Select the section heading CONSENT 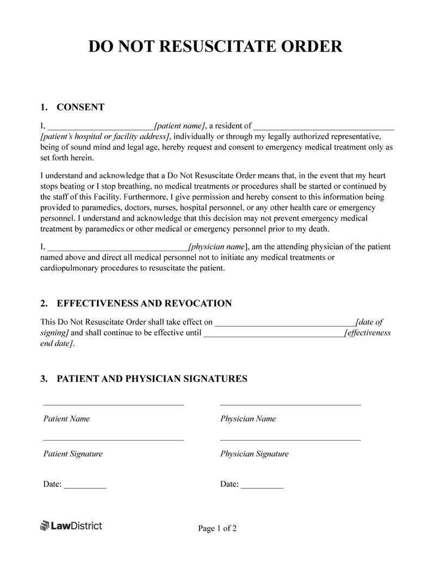point(80,107)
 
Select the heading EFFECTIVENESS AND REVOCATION point(144,303)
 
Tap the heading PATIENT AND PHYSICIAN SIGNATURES point(152,379)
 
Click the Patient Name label point(66,419)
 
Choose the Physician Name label point(248,419)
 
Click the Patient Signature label point(73,454)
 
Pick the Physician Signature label point(254,454)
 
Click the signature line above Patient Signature point(113,440)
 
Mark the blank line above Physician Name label point(290,405)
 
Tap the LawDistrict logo point(71,525)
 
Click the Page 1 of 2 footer point(217,528)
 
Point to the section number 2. point(43,303)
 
